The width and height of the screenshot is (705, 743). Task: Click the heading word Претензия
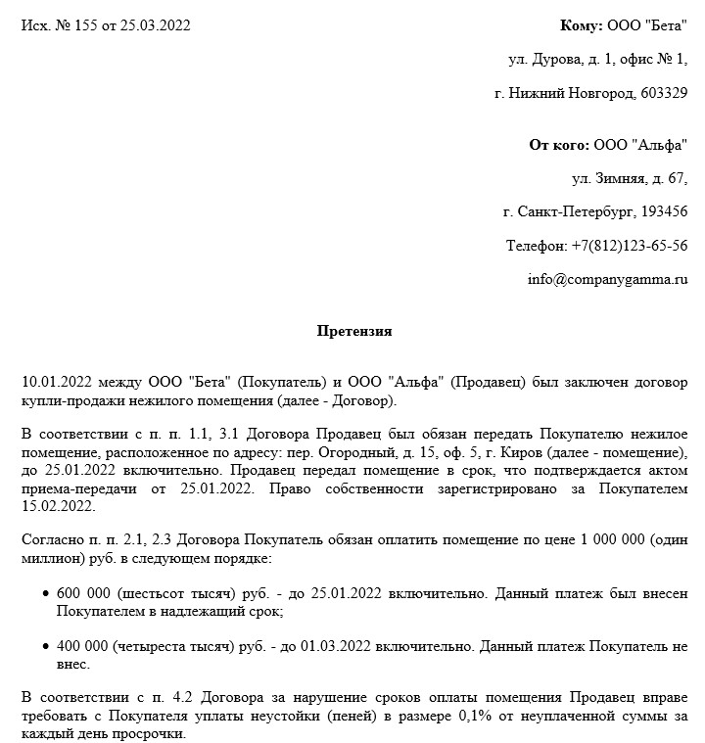(x=354, y=331)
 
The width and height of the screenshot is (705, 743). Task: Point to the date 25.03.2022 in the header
(x=155, y=25)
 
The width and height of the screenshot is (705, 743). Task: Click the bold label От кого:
(x=559, y=145)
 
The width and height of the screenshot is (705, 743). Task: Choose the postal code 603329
(x=663, y=93)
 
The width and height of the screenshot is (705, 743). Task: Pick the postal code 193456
(x=663, y=211)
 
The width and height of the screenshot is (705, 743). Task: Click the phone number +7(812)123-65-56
(x=627, y=245)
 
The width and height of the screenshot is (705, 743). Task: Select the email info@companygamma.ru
(x=607, y=279)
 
